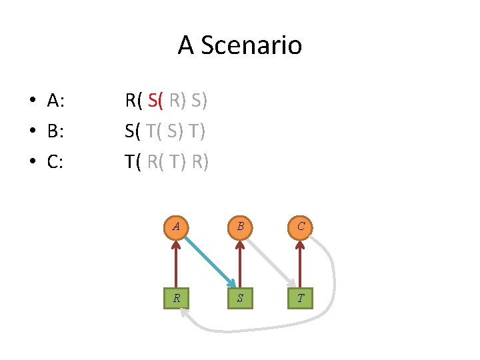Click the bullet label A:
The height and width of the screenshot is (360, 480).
pyautogui.click(x=55, y=101)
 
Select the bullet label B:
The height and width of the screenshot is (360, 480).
pyautogui.click(x=55, y=131)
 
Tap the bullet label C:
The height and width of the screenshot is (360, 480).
pyautogui.click(x=55, y=162)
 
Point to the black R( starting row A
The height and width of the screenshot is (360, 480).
pyautogui.click(x=133, y=101)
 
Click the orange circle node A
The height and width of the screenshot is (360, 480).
pyautogui.click(x=176, y=227)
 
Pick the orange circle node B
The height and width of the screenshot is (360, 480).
pyautogui.click(x=239, y=227)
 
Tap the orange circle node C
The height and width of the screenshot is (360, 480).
pyautogui.click(x=301, y=227)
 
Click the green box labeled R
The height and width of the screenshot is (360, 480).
pyautogui.click(x=176, y=298)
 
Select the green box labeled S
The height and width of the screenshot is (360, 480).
pyautogui.click(x=239, y=298)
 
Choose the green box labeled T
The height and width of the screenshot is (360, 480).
pyautogui.click(x=301, y=298)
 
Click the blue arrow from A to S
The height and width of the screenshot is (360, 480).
pyautogui.click(x=209, y=262)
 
